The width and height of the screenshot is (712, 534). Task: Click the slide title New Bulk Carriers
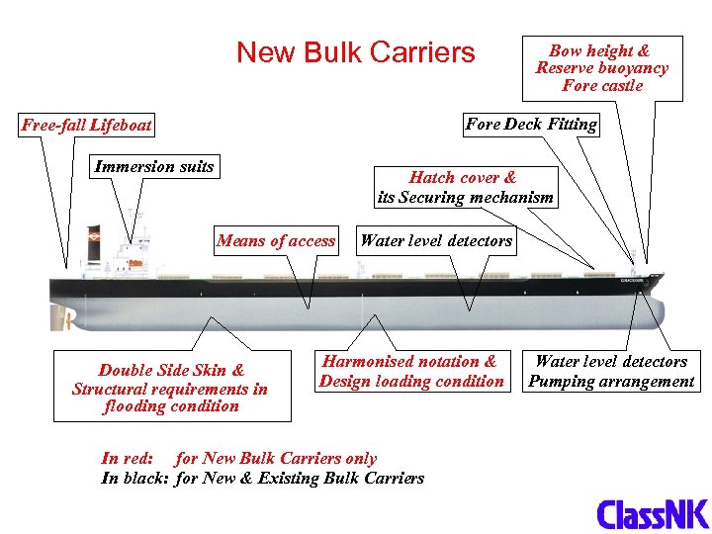point(355,52)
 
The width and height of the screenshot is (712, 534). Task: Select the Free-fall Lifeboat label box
point(87,126)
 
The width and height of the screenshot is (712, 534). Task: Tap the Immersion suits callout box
point(153,166)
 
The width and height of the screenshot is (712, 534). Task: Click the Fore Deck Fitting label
point(530,124)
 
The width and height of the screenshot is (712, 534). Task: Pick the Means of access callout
point(276,240)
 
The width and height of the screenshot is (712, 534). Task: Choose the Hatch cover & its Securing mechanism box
point(465,187)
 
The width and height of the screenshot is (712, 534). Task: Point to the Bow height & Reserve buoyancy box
point(601,68)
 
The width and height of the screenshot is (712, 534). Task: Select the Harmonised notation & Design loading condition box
point(410,371)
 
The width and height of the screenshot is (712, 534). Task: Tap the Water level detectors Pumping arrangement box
point(611,371)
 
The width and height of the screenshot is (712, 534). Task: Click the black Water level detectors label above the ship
point(436,240)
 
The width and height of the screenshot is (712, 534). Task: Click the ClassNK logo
point(652,513)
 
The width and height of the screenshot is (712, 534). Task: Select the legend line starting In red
point(238,458)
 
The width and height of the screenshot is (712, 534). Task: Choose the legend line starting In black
point(262,478)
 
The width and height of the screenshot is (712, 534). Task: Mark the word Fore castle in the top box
point(601,85)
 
